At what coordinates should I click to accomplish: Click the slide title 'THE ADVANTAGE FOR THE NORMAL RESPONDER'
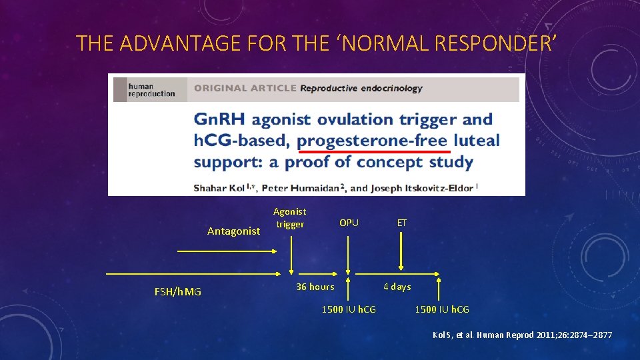pyautogui.click(x=315, y=43)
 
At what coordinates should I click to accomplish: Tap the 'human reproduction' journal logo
pyautogui.click(x=151, y=90)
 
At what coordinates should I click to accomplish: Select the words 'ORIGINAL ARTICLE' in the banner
pyautogui.click(x=245, y=88)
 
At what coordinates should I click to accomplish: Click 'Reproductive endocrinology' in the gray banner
pyautogui.click(x=361, y=88)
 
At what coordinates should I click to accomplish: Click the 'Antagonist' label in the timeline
pyautogui.click(x=233, y=231)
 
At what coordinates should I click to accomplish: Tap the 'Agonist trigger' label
pyautogui.click(x=290, y=218)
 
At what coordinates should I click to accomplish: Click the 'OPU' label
pyautogui.click(x=349, y=223)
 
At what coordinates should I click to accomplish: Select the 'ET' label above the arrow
pyautogui.click(x=401, y=223)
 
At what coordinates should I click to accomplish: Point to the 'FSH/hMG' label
pyautogui.click(x=177, y=291)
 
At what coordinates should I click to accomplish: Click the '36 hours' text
pyautogui.click(x=315, y=287)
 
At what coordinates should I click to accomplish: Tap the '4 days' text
pyautogui.click(x=397, y=287)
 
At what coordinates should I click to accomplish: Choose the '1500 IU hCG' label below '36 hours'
pyautogui.click(x=349, y=309)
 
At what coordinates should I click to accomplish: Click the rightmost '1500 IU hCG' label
pyautogui.click(x=442, y=309)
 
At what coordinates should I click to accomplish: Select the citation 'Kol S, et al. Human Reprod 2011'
pyautogui.click(x=522, y=335)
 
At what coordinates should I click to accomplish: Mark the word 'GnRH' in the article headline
pyautogui.click(x=219, y=120)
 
